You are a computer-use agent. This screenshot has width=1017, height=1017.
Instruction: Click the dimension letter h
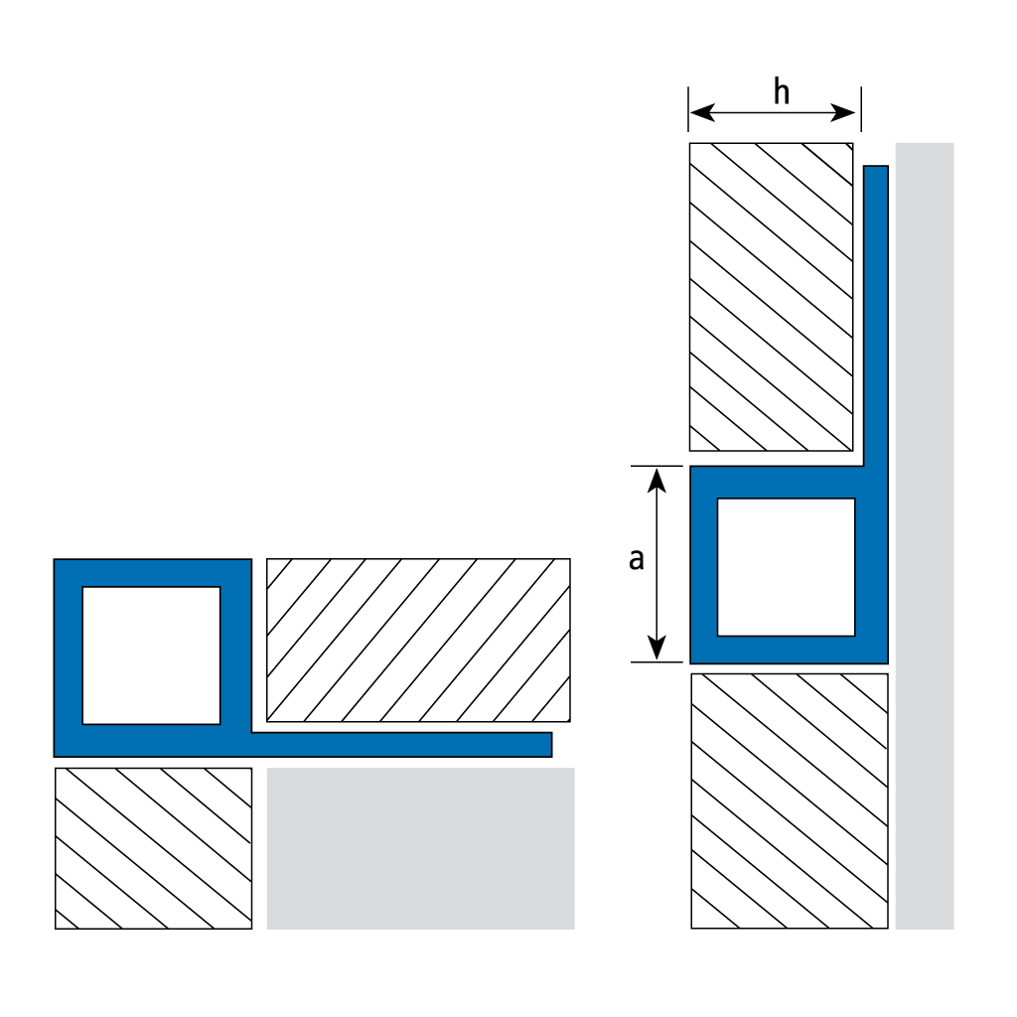click(782, 93)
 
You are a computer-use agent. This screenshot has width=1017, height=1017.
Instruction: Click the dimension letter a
click(637, 559)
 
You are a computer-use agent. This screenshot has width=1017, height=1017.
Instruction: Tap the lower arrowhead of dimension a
click(655, 652)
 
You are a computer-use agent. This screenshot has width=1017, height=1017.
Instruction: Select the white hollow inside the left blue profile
click(151, 654)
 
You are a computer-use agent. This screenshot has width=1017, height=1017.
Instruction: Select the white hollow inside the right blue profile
click(786, 566)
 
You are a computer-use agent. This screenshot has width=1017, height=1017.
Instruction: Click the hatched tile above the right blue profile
click(771, 296)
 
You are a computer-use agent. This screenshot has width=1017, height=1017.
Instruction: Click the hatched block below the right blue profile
click(789, 800)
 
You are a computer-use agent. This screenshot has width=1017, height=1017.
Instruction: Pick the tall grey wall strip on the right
click(924, 536)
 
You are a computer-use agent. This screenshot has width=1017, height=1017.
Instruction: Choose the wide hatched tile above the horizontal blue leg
click(418, 641)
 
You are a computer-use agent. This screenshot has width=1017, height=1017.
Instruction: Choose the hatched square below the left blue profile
click(154, 847)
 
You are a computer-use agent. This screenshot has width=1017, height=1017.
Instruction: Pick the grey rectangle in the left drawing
click(420, 847)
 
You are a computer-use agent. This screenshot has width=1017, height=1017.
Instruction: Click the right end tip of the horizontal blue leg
click(548, 744)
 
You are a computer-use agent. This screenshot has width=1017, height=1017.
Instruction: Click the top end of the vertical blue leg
click(875, 170)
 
